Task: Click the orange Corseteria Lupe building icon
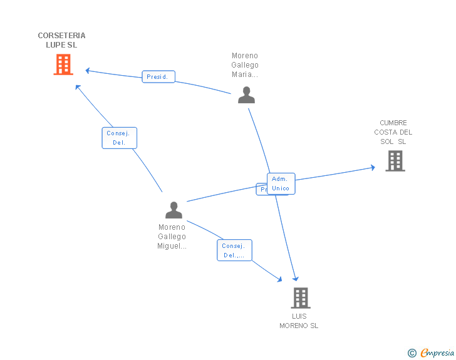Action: (63, 64)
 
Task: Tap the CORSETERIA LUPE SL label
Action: (61, 40)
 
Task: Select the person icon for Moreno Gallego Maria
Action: (246, 95)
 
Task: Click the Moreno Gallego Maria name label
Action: (245, 65)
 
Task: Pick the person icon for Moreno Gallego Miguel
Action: (174, 210)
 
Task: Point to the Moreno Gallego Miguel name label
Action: (172, 237)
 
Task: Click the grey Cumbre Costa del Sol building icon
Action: (395, 161)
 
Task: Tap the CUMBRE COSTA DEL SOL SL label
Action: (393, 132)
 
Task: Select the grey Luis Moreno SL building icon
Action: (301, 297)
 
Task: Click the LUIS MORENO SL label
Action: (299, 321)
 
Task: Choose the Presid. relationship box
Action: (158, 77)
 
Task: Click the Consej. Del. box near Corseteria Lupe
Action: (119, 138)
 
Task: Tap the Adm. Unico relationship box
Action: (281, 183)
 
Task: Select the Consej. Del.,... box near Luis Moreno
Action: (234, 250)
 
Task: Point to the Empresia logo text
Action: (437, 353)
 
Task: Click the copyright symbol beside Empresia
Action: (412, 353)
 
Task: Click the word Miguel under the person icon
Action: (172, 246)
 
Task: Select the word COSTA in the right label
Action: (386, 132)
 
